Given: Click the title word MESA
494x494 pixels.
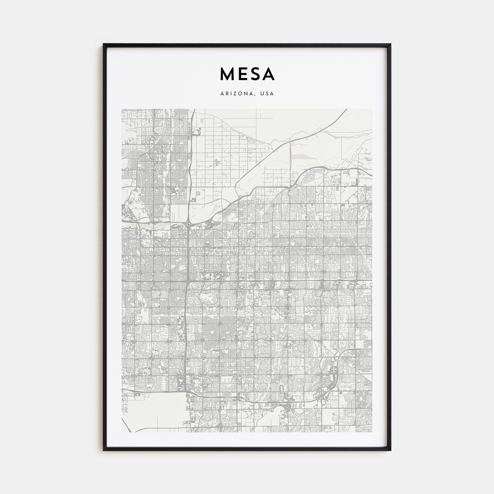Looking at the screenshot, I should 247,74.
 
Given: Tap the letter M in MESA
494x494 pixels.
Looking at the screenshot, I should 227,74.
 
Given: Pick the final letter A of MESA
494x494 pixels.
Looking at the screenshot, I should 268,74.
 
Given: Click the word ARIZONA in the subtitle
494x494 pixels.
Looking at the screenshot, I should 237,94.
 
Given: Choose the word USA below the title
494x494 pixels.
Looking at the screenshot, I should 267,94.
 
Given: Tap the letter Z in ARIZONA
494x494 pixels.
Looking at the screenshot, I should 237,94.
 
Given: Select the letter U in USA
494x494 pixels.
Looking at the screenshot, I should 262,94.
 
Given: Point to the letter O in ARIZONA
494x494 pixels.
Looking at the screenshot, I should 242,94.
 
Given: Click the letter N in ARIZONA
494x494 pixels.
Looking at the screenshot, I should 248,94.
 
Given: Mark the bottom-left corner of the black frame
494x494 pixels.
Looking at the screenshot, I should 104,450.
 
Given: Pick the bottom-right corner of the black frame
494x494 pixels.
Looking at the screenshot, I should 390,450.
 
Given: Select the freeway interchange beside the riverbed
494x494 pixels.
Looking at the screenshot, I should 188,223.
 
